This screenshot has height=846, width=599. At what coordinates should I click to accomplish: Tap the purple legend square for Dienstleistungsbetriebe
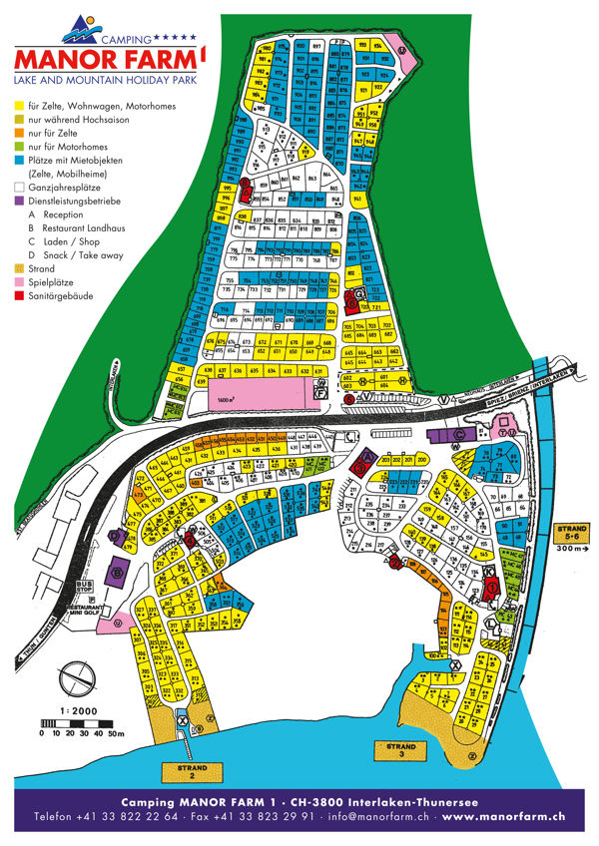tap(18, 201)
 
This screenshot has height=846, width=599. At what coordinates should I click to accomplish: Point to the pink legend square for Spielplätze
tap(18, 283)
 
